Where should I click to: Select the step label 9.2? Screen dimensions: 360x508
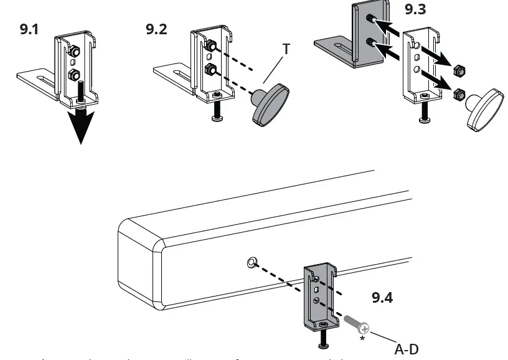[x=157, y=29]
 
